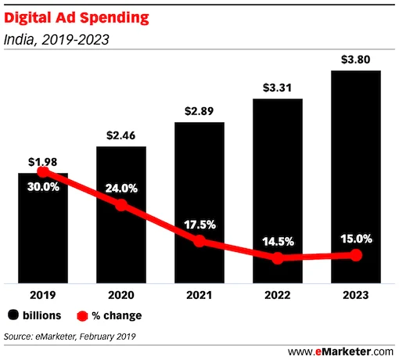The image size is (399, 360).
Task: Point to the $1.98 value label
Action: (43, 161)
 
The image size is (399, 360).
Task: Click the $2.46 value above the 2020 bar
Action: (121, 135)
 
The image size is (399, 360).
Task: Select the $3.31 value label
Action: (278, 86)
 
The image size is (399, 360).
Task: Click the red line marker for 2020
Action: (121, 205)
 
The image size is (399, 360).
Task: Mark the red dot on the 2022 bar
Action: (278, 257)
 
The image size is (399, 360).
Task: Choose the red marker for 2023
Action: (356, 255)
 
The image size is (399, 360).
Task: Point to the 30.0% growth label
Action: (43, 188)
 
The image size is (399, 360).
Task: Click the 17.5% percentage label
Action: (199, 224)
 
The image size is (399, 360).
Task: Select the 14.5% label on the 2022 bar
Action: (278, 241)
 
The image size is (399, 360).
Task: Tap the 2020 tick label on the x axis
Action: (121, 296)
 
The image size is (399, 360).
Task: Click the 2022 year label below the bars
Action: (278, 296)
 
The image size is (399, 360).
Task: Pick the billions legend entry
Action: (35, 315)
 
